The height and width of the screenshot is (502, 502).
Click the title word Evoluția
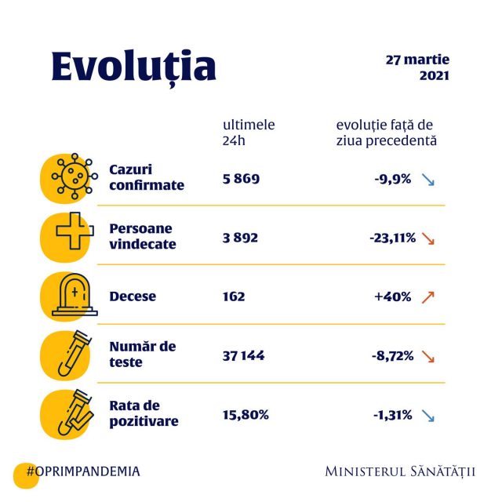coord(133,67)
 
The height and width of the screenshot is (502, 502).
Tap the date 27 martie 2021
coord(418,67)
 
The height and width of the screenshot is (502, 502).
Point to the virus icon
coord(71,178)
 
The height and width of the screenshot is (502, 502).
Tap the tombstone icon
coord(73,296)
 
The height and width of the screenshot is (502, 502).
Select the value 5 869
coord(241,178)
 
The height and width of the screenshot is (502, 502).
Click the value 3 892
coord(240,237)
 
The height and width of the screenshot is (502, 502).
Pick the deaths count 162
coord(234,296)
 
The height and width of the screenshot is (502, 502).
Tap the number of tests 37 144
coord(244,355)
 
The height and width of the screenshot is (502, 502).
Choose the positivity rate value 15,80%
coord(246,414)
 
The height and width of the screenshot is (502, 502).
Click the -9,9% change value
coord(392,178)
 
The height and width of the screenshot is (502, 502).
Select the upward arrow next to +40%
coord(427,296)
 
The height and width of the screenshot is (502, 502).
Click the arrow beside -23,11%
coord(427,238)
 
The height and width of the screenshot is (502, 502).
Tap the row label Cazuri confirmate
coord(147,178)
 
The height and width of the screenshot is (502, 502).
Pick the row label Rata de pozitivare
coord(144,413)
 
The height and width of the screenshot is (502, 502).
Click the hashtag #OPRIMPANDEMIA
coord(83,471)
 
